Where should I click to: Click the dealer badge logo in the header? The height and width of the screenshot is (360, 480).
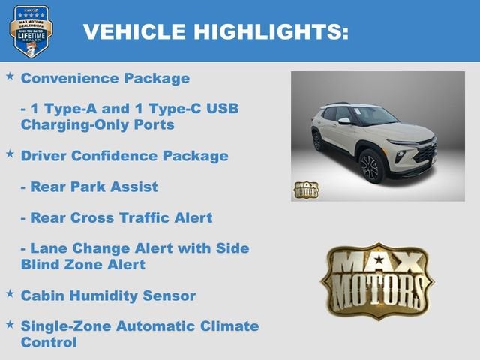pos(31,31)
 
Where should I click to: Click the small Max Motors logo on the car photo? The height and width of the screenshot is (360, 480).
pos(305,190)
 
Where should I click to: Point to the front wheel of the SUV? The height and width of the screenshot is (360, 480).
pos(371,166)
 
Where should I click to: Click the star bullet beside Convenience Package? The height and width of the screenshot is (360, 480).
pos(10,76)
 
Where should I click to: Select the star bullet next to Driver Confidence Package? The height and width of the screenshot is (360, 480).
pos(10,154)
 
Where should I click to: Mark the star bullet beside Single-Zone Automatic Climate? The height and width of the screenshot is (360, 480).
pos(10,324)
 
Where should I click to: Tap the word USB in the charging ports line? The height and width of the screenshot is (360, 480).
pos(222,109)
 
